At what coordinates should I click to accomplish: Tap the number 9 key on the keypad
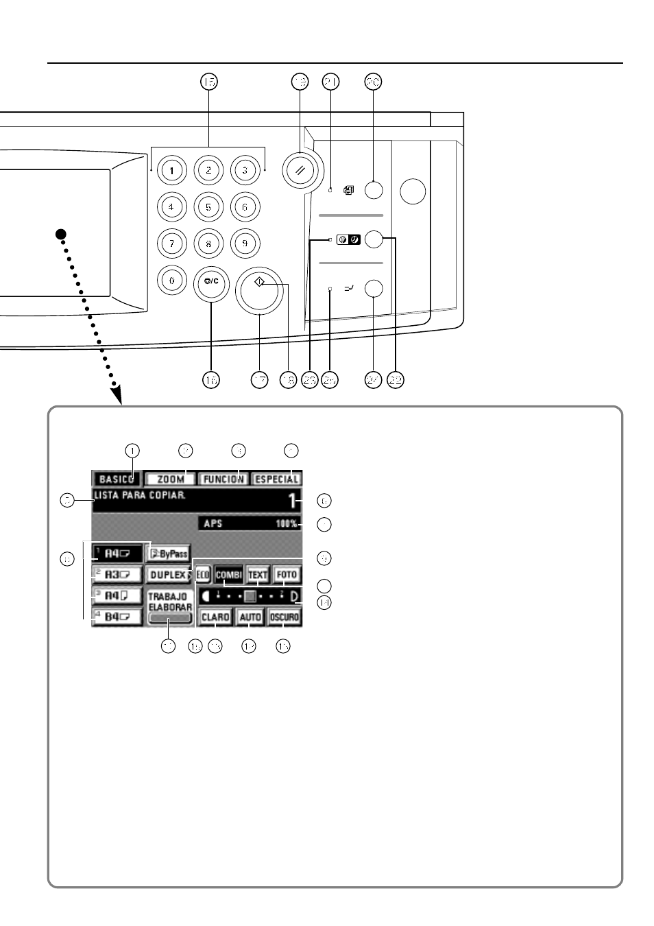[245, 243]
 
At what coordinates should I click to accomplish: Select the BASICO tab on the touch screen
[117, 479]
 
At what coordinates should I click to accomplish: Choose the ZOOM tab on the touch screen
[171, 479]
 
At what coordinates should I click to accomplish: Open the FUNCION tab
[223, 479]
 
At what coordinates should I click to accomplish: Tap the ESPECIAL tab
[276, 479]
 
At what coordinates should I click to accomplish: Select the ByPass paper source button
[168, 554]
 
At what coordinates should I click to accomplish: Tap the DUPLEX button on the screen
[169, 575]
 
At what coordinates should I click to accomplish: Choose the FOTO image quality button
[287, 575]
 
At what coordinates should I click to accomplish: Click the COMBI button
[229, 575]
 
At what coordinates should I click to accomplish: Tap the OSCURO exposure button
[284, 617]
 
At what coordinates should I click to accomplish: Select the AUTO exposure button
[250, 617]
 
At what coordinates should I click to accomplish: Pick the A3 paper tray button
[117, 575]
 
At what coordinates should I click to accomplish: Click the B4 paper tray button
[117, 617]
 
